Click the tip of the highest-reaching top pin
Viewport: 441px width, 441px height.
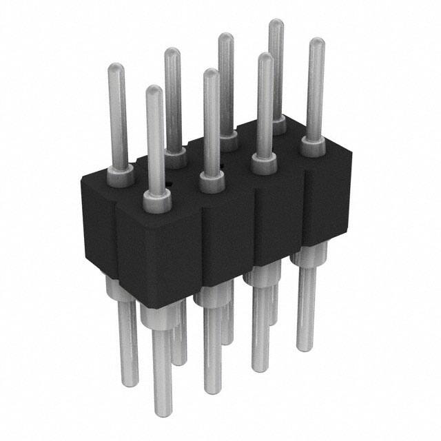(x=276, y=24)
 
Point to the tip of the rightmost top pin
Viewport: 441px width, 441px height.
(x=316, y=43)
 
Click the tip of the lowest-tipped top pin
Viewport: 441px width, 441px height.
(x=154, y=90)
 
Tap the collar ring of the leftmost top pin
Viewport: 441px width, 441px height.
(x=121, y=177)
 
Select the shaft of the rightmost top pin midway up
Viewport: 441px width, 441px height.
(x=315, y=93)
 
